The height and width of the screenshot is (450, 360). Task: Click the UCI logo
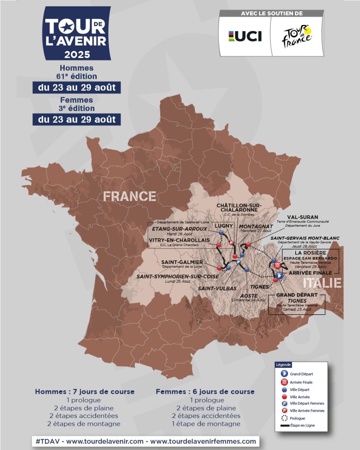point(245,36)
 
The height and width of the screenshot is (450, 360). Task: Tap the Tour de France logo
point(297,36)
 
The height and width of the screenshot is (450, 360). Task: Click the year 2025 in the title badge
point(77,54)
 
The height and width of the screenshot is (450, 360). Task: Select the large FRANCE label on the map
point(129,196)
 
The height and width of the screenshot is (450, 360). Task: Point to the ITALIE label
point(322,283)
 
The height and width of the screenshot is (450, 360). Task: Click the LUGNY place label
point(224,226)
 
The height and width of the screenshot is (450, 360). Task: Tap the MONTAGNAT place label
point(256,227)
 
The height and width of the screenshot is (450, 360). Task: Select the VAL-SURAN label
point(302,217)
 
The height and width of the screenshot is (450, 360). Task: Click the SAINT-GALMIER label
point(182,262)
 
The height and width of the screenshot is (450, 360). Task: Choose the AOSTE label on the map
point(249,296)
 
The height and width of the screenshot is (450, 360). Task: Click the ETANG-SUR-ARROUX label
point(179,229)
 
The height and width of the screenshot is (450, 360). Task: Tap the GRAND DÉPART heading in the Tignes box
point(297,295)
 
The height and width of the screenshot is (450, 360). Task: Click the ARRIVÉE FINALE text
point(310,273)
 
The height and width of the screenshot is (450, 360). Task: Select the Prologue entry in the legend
point(297,418)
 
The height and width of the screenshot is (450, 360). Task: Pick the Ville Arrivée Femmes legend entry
point(307,411)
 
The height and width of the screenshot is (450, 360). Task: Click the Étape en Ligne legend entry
point(302,425)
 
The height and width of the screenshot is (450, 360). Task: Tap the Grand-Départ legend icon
point(284,374)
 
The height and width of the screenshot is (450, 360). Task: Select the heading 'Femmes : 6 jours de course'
point(205,392)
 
